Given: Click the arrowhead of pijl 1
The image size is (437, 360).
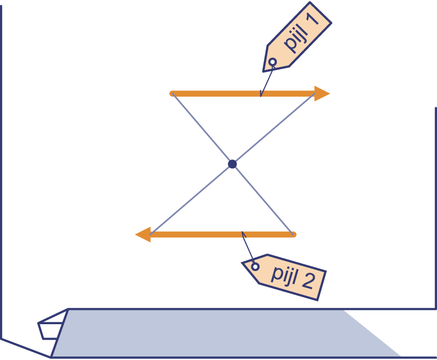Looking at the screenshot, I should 322,94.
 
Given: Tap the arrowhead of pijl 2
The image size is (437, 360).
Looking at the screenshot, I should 143,235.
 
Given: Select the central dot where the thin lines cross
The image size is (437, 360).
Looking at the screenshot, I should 232,164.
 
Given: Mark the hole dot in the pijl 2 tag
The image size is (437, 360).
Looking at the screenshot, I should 254,266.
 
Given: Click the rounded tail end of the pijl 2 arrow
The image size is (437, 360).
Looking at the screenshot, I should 293,235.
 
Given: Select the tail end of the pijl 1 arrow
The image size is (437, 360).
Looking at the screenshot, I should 173,93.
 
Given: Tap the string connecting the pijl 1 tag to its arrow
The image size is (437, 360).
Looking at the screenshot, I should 266,80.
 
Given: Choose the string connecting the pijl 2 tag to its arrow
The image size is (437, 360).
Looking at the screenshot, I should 249,250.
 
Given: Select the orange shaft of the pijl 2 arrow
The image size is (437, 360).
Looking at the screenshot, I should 205,235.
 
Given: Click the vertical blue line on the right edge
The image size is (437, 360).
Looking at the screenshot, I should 435,205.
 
